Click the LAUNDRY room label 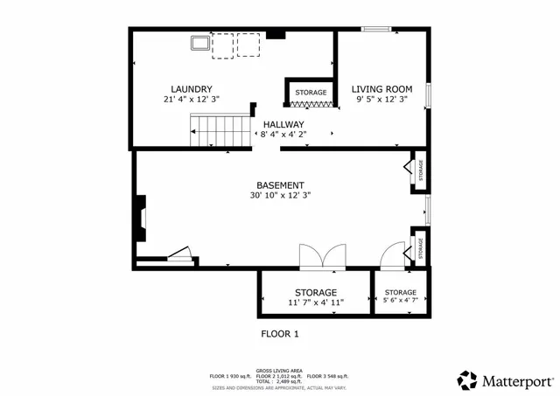coord(192,88)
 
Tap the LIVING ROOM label coord(382,88)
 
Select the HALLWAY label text coord(283,125)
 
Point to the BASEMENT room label coord(280,185)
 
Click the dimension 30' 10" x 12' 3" coord(280,196)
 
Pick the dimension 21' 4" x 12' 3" coord(192,100)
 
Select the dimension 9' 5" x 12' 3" coord(382,100)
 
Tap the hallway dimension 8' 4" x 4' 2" coord(283,135)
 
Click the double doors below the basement coord(323,257)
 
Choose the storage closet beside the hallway coord(310,93)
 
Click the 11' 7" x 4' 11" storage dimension coord(316,302)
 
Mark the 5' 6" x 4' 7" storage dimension coord(401,302)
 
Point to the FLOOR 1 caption coord(280,334)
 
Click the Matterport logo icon coord(468,380)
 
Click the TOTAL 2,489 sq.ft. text coord(279,381)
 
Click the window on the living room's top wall coord(376,30)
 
